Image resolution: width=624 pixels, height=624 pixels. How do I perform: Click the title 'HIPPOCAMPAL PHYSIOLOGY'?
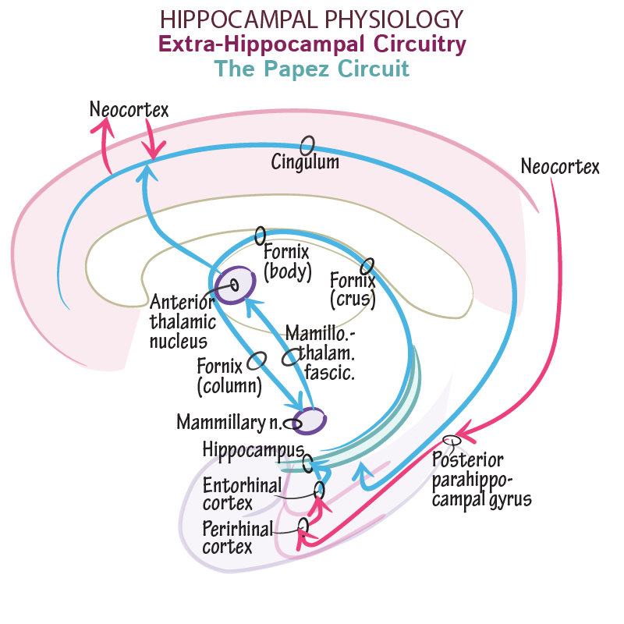coord(312,19)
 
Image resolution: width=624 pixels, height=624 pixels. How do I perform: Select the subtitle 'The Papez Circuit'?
coord(312,69)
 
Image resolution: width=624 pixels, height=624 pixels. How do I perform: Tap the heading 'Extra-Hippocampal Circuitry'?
coord(312,44)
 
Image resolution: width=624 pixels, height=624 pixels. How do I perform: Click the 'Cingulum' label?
coord(305,162)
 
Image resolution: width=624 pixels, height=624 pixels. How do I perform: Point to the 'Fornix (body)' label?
coord(287,262)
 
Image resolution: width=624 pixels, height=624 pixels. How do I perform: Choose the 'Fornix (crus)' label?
coord(353,289)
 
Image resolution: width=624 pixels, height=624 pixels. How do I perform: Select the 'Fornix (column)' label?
coord(229,375)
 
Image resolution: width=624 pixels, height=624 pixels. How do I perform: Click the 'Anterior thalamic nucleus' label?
coord(181,321)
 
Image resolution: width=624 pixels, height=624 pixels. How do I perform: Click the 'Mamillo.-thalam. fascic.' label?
coord(320,353)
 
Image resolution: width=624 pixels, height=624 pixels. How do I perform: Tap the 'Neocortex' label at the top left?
coord(129,109)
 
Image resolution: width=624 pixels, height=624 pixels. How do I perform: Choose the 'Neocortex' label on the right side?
coord(560,166)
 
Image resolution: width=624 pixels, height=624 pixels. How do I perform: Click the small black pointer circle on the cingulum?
coord(308,145)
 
